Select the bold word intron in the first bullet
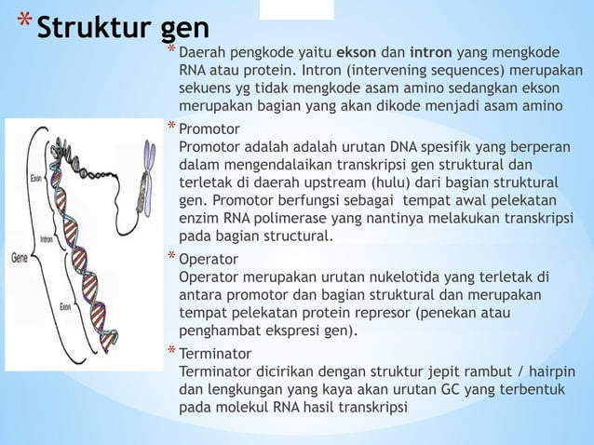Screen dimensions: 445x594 431,53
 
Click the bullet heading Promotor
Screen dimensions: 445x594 209,128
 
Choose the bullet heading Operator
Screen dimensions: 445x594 209,258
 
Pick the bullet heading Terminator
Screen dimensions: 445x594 214,354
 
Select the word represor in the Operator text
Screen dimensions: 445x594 385,312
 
